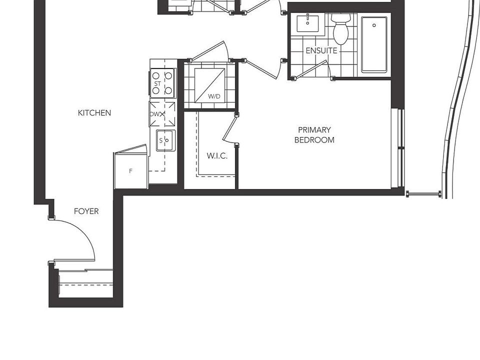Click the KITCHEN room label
(x=94, y=113)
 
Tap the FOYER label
(x=86, y=211)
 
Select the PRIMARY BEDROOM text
(x=314, y=135)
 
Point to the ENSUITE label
(x=321, y=50)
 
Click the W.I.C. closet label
(x=217, y=156)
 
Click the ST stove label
(x=157, y=83)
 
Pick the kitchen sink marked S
(x=164, y=140)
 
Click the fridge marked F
(x=131, y=171)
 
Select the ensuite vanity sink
(x=307, y=22)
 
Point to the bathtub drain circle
(x=374, y=25)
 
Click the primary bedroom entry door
(x=262, y=69)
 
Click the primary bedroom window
(x=400, y=148)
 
